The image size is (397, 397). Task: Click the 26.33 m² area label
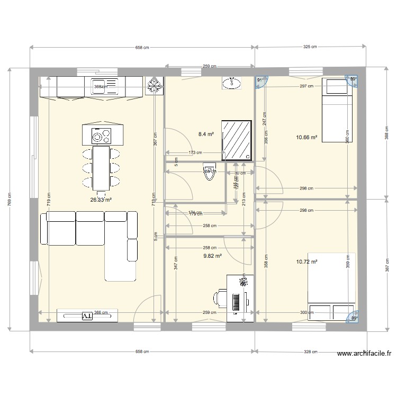(x=101, y=200)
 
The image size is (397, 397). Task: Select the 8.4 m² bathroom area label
(x=206, y=134)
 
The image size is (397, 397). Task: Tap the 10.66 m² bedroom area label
(x=306, y=138)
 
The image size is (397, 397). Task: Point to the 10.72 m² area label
(x=306, y=261)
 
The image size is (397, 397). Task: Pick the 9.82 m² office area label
(x=212, y=255)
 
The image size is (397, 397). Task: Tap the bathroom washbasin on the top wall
(x=231, y=82)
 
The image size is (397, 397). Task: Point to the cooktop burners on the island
(x=100, y=136)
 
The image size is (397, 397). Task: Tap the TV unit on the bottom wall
(x=87, y=315)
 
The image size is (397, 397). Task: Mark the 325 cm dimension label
(x=310, y=47)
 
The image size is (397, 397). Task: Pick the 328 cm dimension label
(x=311, y=351)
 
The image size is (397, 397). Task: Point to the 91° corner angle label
(x=260, y=80)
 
